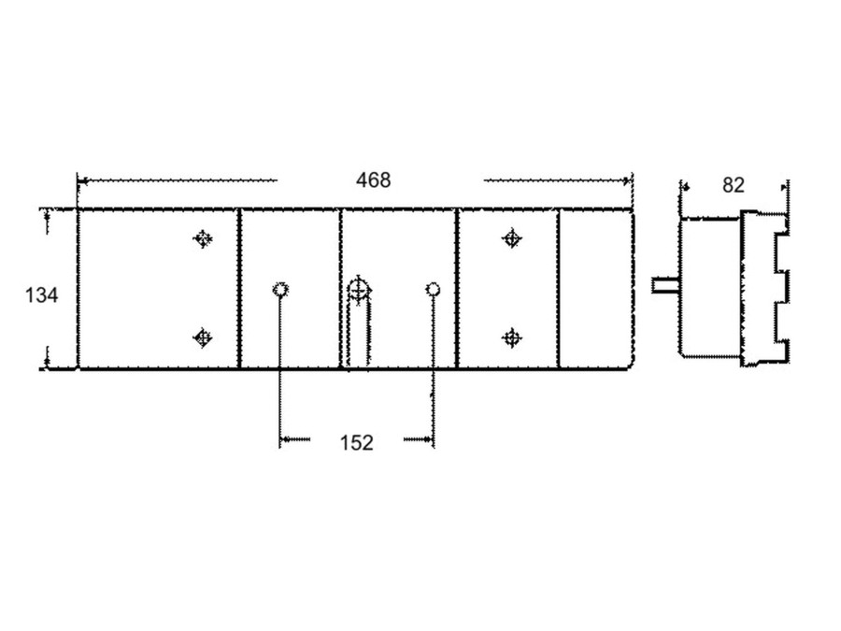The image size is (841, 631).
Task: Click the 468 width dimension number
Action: [374, 179]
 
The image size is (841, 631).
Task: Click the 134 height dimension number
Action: [41, 295]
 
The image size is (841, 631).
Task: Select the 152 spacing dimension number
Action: [355, 442]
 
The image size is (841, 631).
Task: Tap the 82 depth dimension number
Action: [734, 185]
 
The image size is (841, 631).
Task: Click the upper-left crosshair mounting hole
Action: [202, 239]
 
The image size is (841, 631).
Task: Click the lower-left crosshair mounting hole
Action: [202, 337]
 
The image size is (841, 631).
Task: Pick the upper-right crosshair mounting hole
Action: [511, 239]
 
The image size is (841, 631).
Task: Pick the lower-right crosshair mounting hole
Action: [511, 337]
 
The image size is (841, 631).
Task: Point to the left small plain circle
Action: [279, 289]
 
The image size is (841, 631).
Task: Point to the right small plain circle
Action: [433, 289]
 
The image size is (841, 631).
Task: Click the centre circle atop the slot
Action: [357, 289]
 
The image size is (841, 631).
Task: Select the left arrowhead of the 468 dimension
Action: [82, 179]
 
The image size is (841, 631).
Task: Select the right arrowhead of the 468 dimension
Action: [628, 179]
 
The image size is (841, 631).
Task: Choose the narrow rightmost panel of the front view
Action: [595, 289]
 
